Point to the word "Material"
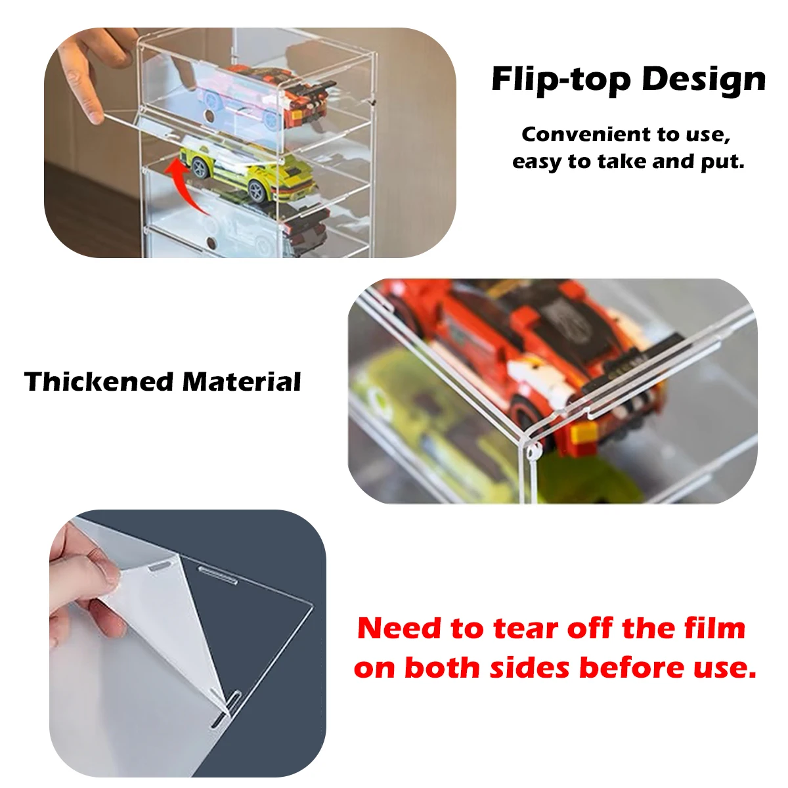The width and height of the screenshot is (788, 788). pos(242,382)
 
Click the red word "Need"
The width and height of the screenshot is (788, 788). pos(399,628)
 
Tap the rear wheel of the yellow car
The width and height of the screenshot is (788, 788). pos(258,191)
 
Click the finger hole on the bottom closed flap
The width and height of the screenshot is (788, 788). pos(211,244)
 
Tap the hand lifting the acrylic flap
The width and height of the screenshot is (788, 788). pos(92,72)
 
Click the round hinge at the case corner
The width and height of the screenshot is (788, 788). pos(531,451)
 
